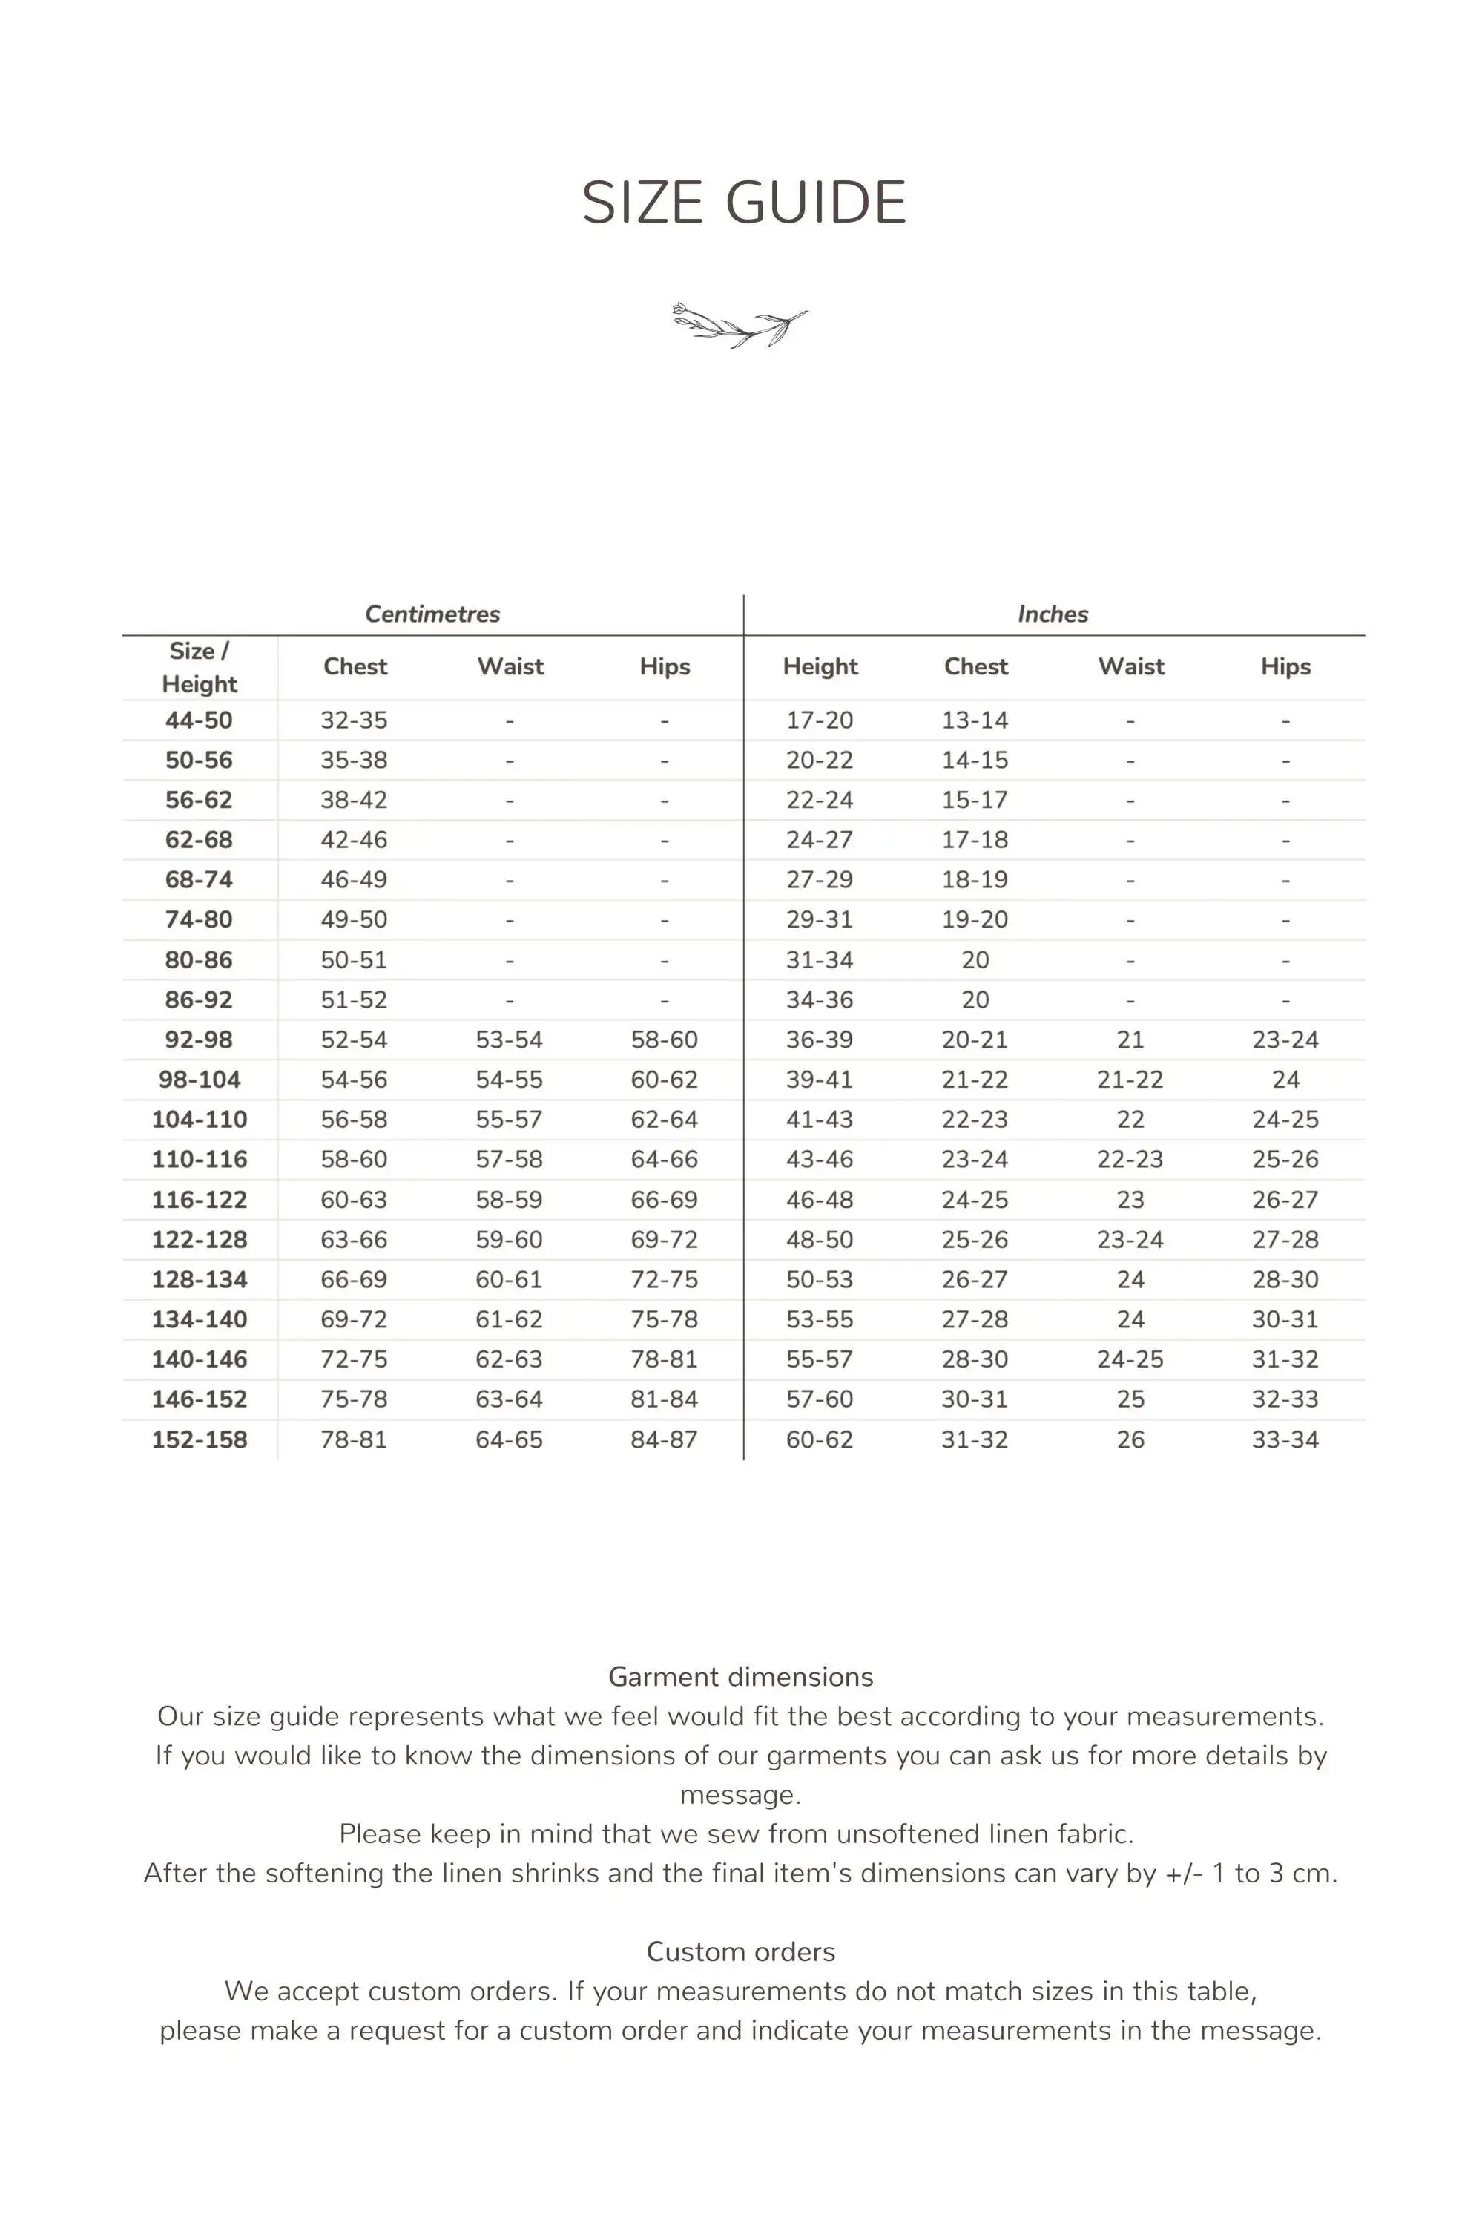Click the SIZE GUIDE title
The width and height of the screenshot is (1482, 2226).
click(x=744, y=203)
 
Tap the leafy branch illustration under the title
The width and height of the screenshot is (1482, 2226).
click(x=740, y=324)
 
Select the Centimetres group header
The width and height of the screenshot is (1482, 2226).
click(x=432, y=614)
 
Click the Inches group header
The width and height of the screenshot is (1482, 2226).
click(x=1053, y=614)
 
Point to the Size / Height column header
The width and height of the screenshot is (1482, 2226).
click(x=199, y=667)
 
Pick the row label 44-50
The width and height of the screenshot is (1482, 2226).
click(x=199, y=720)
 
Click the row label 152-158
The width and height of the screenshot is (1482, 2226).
click(x=200, y=1439)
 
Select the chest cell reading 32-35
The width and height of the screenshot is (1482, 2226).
click(x=354, y=720)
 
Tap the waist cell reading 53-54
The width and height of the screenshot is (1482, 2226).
click(x=510, y=1040)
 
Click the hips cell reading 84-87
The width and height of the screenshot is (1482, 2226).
click(x=665, y=1439)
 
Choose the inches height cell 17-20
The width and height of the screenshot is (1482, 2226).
click(x=820, y=720)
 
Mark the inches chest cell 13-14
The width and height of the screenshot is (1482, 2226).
click(x=975, y=720)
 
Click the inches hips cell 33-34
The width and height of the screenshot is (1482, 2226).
click(x=1285, y=1439)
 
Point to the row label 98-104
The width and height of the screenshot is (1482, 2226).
click(x=200, y=1080)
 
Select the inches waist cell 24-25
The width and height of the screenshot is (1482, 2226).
click(x=1130, y=1359)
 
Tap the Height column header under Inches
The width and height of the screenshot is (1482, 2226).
click(x=820, y=666)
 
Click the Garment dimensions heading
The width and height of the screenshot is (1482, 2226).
click(x=741, y=1677)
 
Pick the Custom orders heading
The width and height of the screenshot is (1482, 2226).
click(x=741, y=1952)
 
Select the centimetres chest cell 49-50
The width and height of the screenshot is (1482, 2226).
click(x=354, y=919)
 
